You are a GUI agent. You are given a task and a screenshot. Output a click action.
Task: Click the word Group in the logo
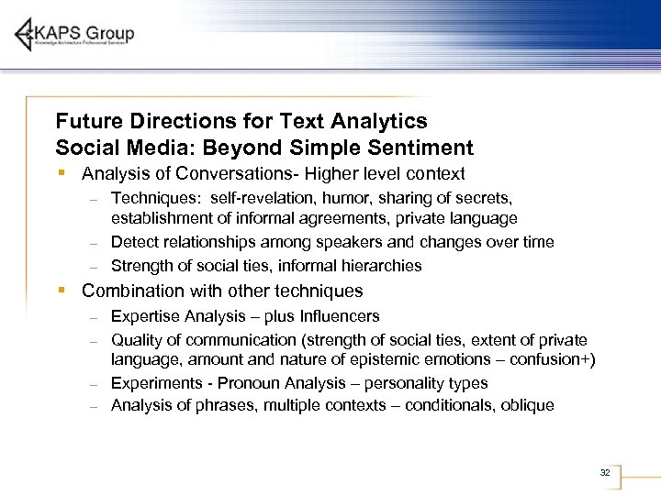point(112,34)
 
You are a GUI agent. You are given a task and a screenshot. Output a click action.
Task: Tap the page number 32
point(604,472)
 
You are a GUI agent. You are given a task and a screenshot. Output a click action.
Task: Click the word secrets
point(482,197)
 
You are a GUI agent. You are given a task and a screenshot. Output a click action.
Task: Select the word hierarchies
point(379,266)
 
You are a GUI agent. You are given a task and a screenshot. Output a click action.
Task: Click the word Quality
point(136,340)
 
